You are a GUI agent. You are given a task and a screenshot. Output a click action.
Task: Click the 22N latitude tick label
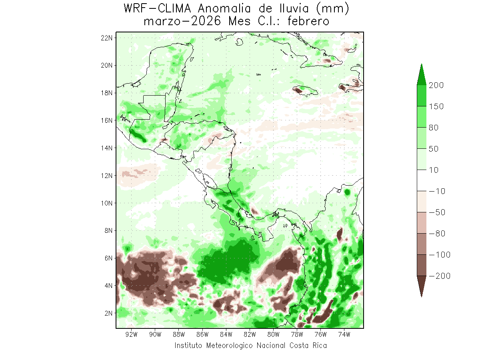tap(108, 38)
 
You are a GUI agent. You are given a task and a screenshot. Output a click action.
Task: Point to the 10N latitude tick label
tap(108, 203)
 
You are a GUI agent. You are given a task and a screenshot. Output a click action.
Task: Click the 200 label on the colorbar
tap(436, 85)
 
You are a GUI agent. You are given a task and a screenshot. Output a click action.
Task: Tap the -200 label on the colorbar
tap(438, 276)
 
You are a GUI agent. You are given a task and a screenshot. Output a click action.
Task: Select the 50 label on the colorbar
tap(434, 149)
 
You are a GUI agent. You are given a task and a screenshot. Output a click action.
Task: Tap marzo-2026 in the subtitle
tap(182, 21)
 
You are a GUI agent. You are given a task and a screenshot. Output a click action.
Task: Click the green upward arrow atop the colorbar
tap(422, 74)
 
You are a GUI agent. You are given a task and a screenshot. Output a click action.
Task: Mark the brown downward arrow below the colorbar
tap(422, 286)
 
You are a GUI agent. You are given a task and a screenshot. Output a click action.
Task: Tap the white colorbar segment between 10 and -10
tap(422, 180)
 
